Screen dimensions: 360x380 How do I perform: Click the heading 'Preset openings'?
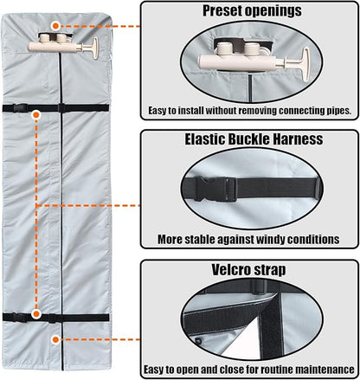(x=252, y=11)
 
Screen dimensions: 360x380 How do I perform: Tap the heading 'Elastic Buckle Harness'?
(x=254, y=139)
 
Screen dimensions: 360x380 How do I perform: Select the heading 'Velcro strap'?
(x=248, y=270)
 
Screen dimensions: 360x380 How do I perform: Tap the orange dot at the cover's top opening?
(x=55, y=26)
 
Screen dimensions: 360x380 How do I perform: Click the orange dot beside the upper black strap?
(x=36, y=115)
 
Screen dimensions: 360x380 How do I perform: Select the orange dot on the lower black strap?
(x=36, y=314)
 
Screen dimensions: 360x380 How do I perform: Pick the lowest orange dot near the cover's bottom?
(x=55, y=339)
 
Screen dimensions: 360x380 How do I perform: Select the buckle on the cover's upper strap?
(x=20, y=108)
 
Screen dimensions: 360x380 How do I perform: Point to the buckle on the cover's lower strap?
(x=20, y=317)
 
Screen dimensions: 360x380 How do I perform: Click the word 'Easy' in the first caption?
(x=158, y=111)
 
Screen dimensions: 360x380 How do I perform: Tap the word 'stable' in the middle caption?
(x=197, y=239)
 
